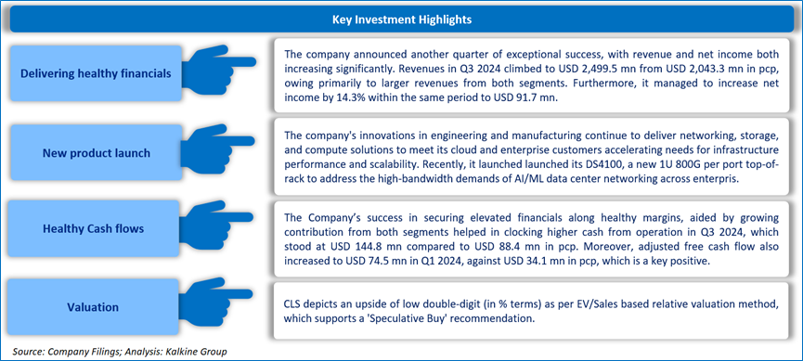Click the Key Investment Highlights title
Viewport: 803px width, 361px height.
[x=402, y=20]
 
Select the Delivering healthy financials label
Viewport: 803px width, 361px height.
[x=96, y=73]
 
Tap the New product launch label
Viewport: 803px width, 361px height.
[x=96, y=152]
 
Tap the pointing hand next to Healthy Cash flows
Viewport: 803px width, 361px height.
[x=217, y=226]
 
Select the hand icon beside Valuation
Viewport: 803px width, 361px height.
[x=217, y=303]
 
